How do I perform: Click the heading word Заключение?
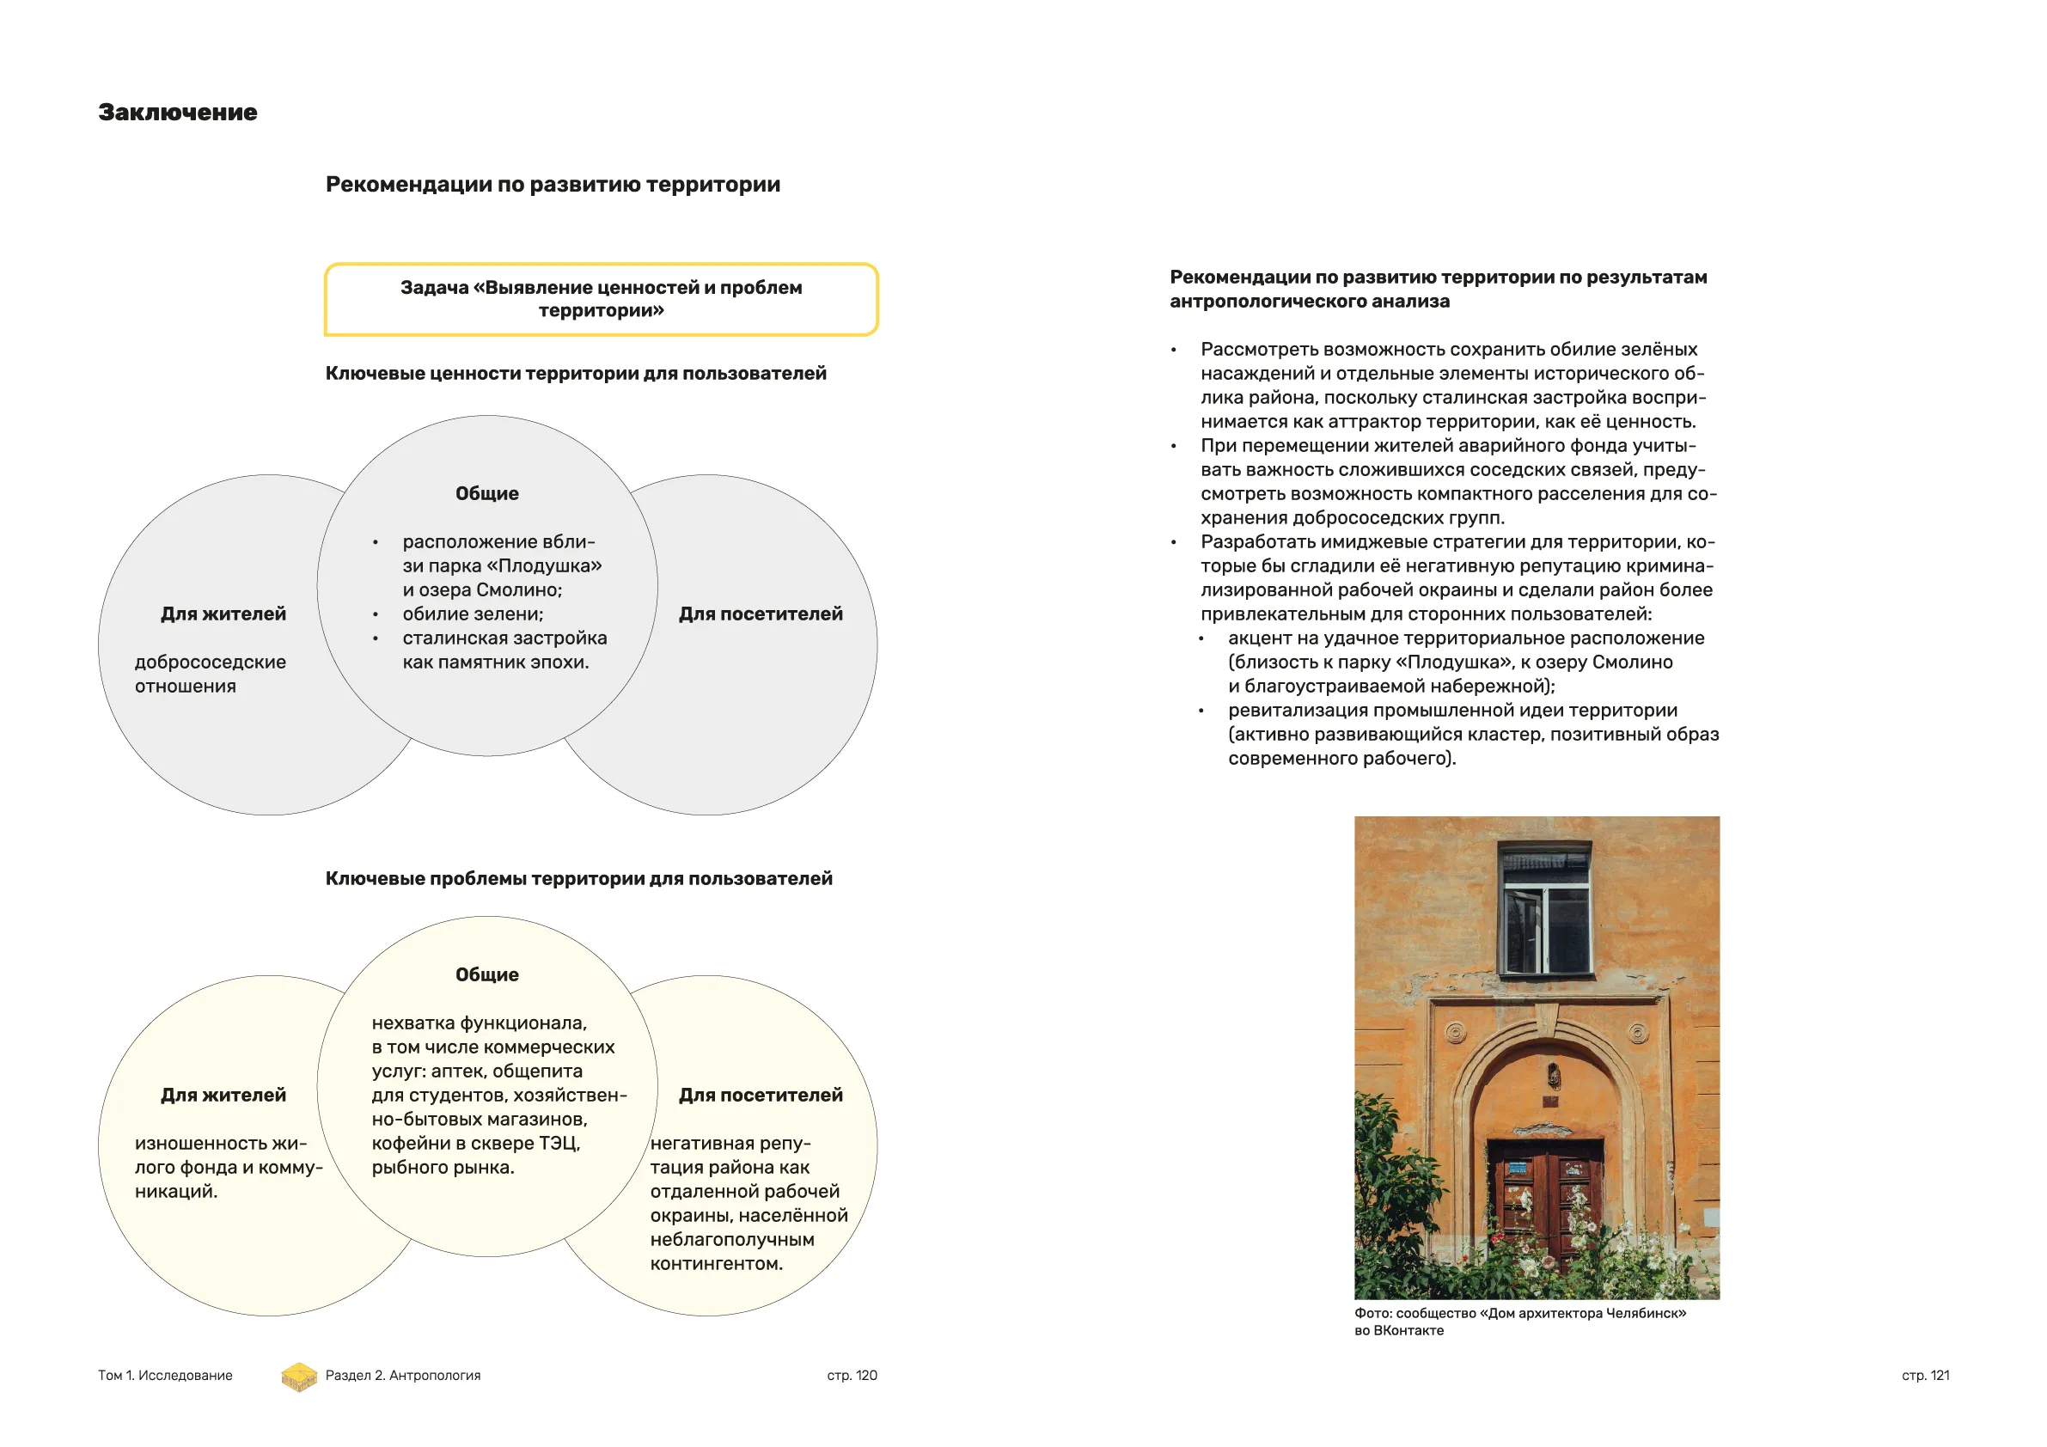click(x=177, y=113)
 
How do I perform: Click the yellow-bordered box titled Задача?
click(x=601, y=300)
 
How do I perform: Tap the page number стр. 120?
click(x=852, y=1376)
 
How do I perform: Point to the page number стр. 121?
click(x=1925, y=1376)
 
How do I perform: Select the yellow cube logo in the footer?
click(x=299, y=1377)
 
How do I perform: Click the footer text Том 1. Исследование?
click(x=165, y=1376)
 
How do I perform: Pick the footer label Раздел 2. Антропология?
click(x=402, y=1376)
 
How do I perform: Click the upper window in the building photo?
click(x=1546, y=909)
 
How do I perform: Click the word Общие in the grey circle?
click(x=486, y=494)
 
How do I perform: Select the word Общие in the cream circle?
click(x=486, y=975)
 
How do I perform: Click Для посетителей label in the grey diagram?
click(x=761, y=614)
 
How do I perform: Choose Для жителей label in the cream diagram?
click(x=223, y=1096)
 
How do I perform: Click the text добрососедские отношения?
click(x=210, y=674)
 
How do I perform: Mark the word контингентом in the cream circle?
click(x=716, y=1264)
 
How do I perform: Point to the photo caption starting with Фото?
click(x=1519, y=1322)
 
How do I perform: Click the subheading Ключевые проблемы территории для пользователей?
click(x=578, y=879)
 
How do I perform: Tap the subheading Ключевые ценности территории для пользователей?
click(x=575, y=374)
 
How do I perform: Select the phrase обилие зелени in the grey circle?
click(x=473, y=614)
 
